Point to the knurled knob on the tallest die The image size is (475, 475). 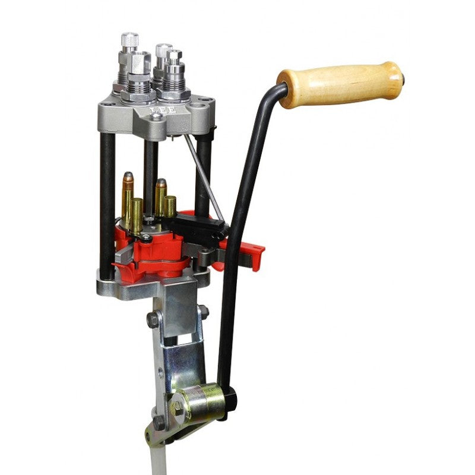(x=129, y=41)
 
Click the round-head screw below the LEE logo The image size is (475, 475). (x=156, y=117)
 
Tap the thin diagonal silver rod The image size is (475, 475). (x=203, y=176)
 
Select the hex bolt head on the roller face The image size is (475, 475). (x=177, y=407)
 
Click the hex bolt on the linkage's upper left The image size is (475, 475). (x=153, y=319)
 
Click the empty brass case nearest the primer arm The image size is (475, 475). (x=170, y=207)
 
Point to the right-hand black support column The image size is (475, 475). (x=204, y=172)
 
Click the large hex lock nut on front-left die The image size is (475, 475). (x=138, y=95)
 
